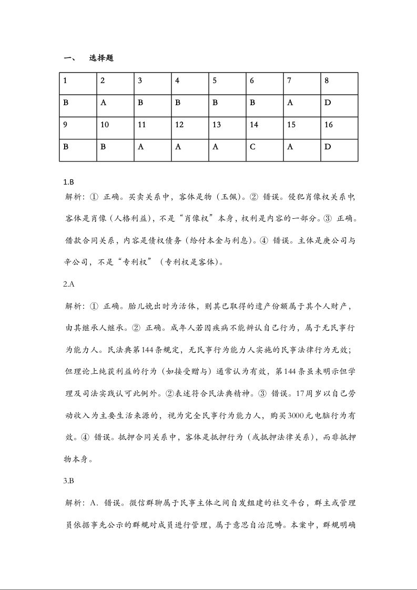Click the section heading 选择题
[x=101, y=58]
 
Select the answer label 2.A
[x=68, y=284]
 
